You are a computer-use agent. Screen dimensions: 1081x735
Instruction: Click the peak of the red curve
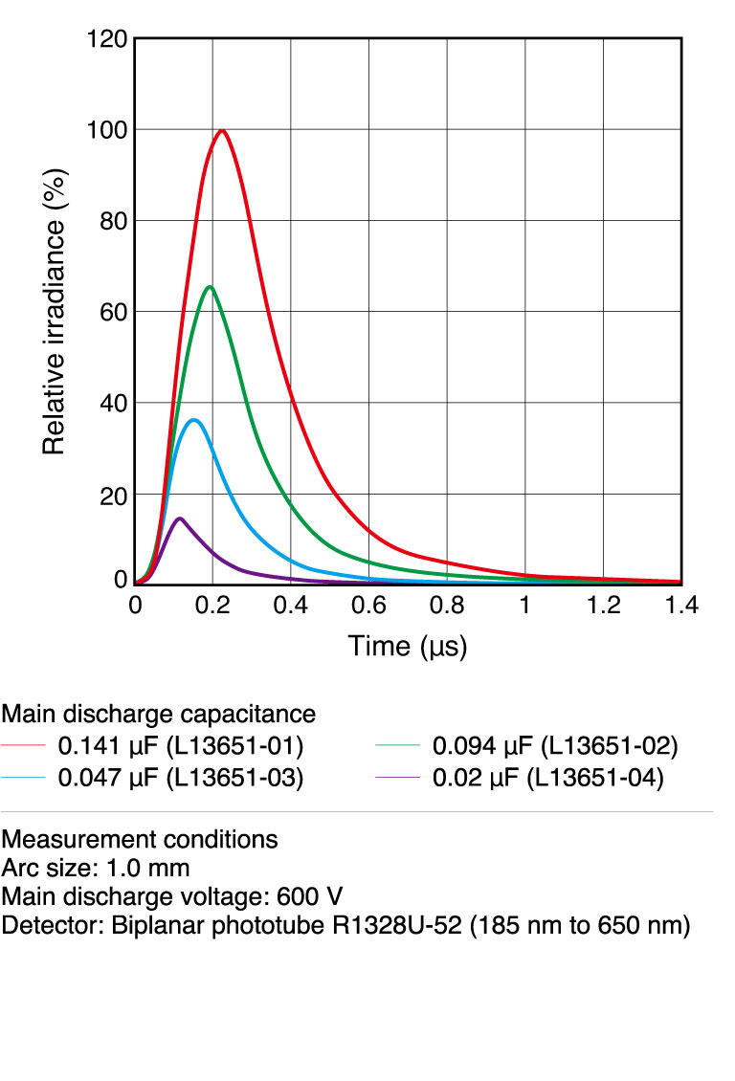coord(222,130)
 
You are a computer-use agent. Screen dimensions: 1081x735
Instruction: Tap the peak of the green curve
coord(209,287)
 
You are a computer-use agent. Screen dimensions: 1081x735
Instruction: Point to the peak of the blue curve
coord(194,420)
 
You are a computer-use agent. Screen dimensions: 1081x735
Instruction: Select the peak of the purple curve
coord(179,518)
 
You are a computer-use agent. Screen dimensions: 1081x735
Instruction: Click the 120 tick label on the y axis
coord(105,39)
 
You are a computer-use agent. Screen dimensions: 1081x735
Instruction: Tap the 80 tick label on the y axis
coord(113,221)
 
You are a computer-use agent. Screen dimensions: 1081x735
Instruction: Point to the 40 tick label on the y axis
coord(113,404)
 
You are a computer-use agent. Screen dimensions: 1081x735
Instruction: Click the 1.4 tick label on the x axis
coord(681,606)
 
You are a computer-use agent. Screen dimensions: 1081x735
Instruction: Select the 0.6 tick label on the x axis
coord(368,606)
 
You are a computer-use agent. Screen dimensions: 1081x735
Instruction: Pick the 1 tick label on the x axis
coord(524,606)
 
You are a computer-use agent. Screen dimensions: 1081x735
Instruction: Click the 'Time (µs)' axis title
coord(408,647)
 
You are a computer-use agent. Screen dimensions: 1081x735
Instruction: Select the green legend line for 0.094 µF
coord(400,746)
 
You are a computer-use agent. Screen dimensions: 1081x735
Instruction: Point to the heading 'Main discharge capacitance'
coord(159,715)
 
